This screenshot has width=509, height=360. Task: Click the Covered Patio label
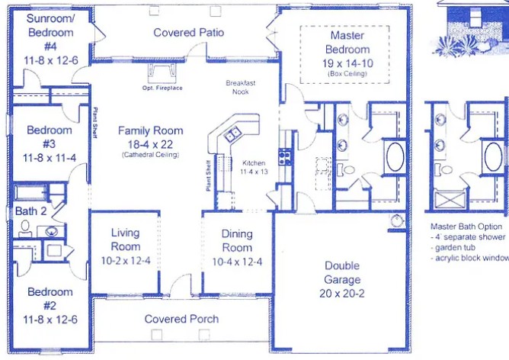188,33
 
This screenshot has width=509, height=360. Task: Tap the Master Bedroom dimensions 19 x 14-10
347,63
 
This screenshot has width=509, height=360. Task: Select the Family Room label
149,130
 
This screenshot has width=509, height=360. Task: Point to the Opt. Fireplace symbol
162,73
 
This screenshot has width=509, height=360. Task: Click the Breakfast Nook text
241,87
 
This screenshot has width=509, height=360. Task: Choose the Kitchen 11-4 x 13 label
254,168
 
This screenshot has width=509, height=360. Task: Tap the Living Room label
126,239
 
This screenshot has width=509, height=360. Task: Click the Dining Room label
237,241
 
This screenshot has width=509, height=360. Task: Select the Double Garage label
342,273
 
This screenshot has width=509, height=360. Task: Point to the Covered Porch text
181,319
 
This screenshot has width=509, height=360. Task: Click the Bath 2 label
31,211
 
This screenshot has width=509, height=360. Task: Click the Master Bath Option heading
466,227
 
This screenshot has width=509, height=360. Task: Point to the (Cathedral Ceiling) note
150,155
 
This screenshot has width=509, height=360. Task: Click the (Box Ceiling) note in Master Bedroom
347,74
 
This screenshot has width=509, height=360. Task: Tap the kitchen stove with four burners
284,157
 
